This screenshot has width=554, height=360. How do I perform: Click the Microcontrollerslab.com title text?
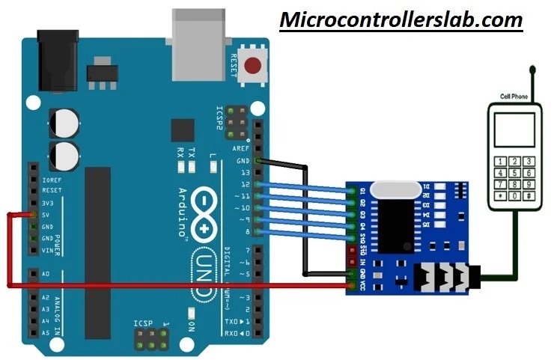coord(401,19)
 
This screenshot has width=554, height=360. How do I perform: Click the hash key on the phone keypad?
coord(529,196)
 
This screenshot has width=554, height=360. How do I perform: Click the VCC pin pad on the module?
coord(353,285)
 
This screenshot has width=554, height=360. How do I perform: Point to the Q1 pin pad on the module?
coord(353,191)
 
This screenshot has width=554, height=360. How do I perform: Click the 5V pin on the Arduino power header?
coord(34,215)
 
